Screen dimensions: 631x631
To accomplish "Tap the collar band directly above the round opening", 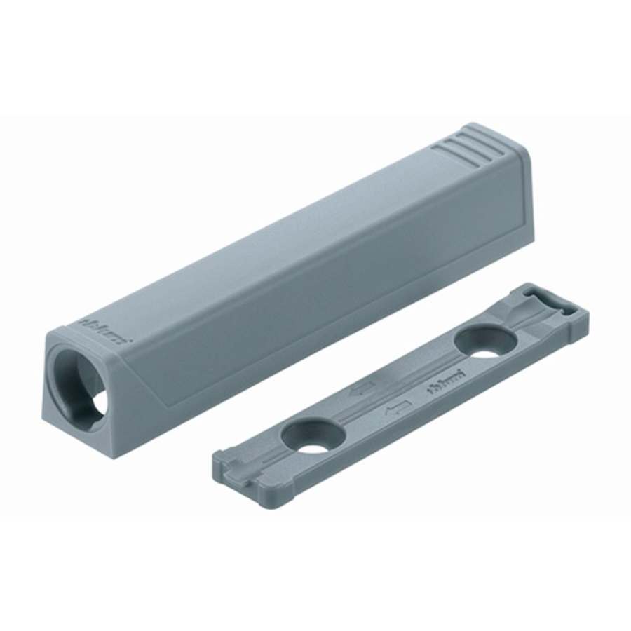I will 77,335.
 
